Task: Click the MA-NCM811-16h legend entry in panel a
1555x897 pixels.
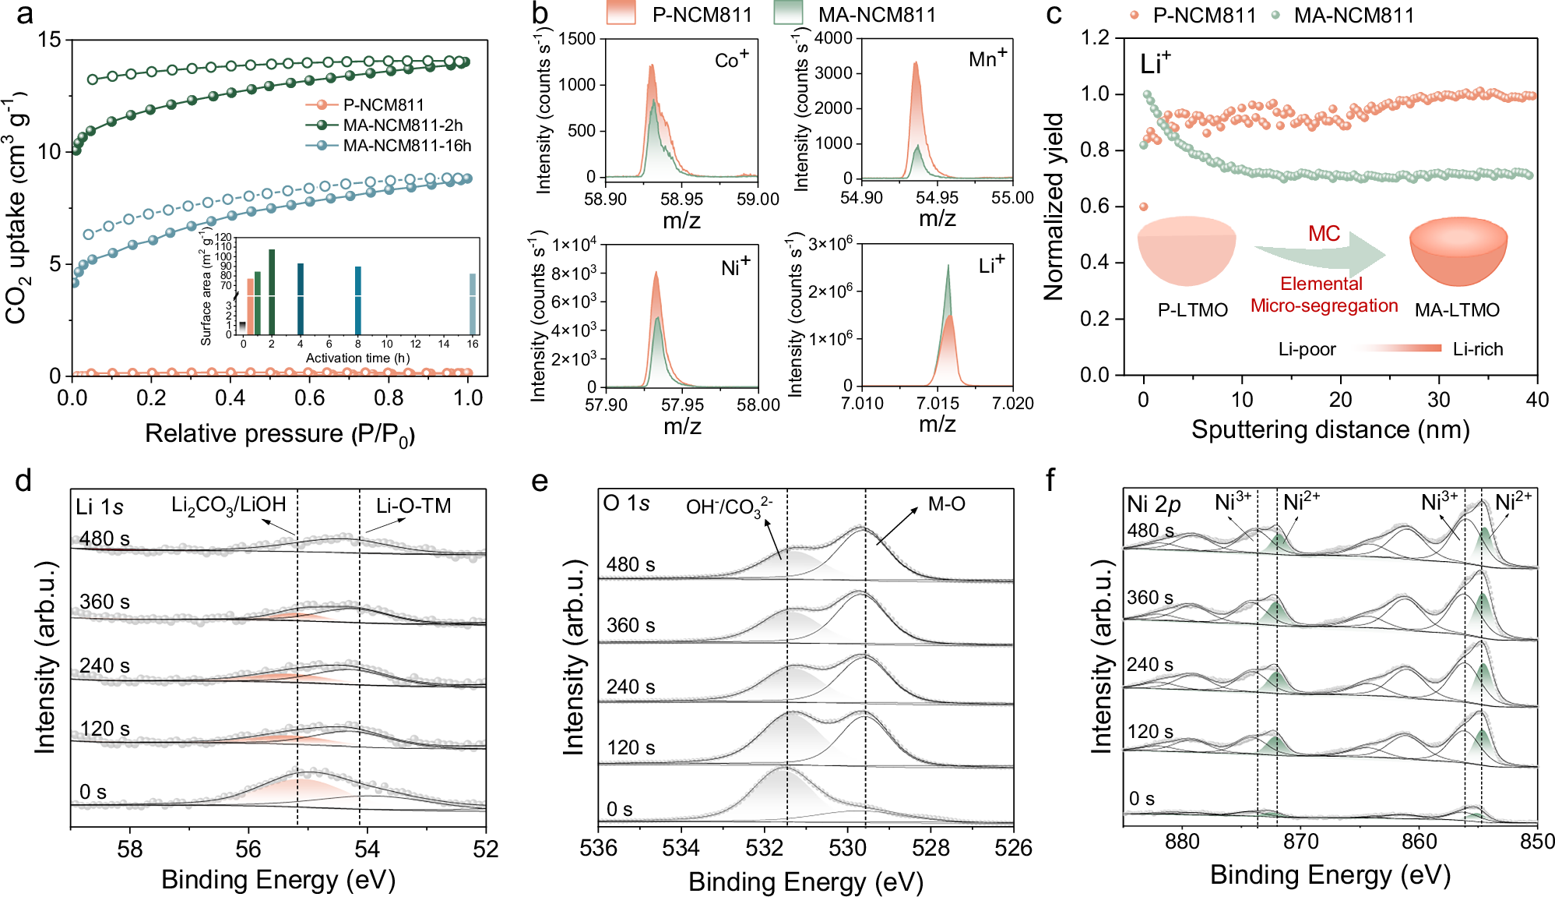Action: click(406, 146)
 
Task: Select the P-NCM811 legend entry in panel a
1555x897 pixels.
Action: click(383, 104)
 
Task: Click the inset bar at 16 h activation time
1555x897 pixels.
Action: click(472, 303)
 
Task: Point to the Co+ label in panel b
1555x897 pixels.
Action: click(731, 59)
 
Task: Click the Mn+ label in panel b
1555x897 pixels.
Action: click(987, 58)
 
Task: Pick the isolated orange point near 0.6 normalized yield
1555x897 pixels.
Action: click(1143, 207)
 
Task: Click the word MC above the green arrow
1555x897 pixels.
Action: click(1324, 234)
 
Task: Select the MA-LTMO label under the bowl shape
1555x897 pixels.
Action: click(1457, 310)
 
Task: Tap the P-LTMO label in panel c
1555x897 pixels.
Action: click(1192, 310)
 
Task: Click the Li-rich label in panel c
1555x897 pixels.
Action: click(1477, 349)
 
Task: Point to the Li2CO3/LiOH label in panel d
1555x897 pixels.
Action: click(228, 506)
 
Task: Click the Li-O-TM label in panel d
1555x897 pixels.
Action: click(413, 506)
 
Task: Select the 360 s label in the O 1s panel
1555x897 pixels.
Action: click(631, 625)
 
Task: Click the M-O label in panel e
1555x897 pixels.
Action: click(946, 504)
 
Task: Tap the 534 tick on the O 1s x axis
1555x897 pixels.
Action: click(681, 848)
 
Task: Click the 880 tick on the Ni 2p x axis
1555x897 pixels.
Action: click(1182, 842)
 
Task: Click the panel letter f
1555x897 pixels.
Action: click(1050, 480)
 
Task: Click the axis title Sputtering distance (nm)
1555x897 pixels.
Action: click(1330, 429)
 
